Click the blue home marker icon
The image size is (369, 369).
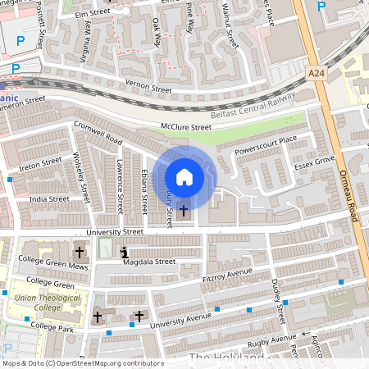(x=184, y=176)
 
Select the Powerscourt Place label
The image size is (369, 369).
(x=265, y=145)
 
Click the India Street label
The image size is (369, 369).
(x=49, y=198)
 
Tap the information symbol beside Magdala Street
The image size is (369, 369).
(x=124, y=253)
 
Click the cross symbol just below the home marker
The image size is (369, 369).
(x=183, y=211)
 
